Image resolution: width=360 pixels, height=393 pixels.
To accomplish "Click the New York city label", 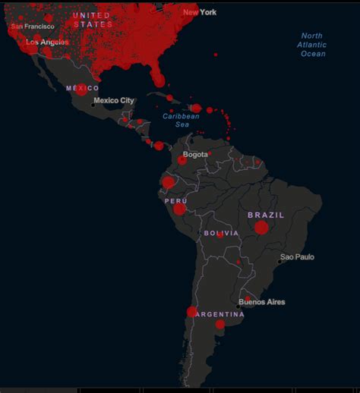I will click(200, 12).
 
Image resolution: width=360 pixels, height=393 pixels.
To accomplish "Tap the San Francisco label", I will click(33, 27).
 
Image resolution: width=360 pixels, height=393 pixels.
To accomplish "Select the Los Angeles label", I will click(47, 42).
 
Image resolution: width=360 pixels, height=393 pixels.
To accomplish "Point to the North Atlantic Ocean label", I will click(311, 45).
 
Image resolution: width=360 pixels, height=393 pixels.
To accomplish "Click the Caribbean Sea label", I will click(181, 120).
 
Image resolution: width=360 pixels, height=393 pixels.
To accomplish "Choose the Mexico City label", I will click(114, 100).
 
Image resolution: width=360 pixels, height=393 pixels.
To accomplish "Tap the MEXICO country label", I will click(82, 88).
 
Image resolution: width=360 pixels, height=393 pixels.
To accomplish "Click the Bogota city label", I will click(195, 154).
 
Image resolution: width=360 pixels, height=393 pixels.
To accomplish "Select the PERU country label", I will click(175, 201).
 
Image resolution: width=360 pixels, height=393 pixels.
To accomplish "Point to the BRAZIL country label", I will click(266, 215).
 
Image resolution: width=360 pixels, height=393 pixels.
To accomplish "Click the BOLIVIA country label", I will click(221, 233).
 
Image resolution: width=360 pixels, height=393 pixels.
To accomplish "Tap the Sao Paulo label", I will click(297, 257).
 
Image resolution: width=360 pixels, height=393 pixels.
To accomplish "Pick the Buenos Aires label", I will click(262, 302).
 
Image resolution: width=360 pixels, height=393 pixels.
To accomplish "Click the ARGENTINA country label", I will click(219, 314).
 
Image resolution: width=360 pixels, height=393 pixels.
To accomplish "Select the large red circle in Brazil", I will click(261, 227).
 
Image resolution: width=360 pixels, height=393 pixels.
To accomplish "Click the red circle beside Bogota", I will click(182, 159).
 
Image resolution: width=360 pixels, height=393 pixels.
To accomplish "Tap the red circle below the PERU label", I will click(179, 209).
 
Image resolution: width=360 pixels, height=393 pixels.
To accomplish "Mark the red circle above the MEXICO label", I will click(81, 90).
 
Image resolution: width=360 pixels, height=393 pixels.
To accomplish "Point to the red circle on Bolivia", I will click(220, 235).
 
